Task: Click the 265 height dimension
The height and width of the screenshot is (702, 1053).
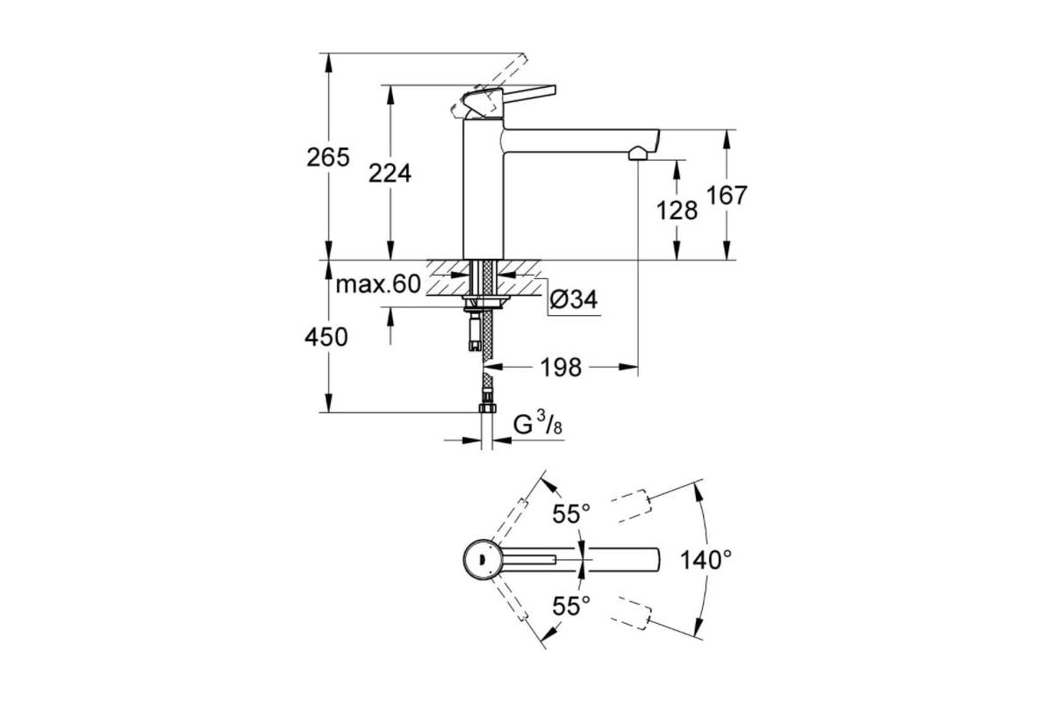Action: click(x=328, y=157)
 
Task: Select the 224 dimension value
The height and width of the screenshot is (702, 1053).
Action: click(x=390, y=173)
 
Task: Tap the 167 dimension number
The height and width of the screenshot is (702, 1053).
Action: click(x=727, y=196)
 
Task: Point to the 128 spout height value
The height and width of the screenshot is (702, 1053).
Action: click(x=677, y=211)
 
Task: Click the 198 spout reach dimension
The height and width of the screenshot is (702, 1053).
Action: click(x=561, y=367)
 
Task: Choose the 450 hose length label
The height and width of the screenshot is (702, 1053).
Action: click(x=326, y=337)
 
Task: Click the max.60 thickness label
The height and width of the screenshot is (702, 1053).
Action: click(x=378, y=284)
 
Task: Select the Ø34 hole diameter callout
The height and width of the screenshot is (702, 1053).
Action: click(x=574, y=299)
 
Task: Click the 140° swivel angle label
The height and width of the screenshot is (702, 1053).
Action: click(x=706, y=560)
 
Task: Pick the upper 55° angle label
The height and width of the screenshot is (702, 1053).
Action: click(x=570, y=514)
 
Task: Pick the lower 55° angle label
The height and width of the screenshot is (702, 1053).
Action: click(x=570, y=606)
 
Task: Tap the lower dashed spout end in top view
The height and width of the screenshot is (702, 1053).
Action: click(x=634, y=613)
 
